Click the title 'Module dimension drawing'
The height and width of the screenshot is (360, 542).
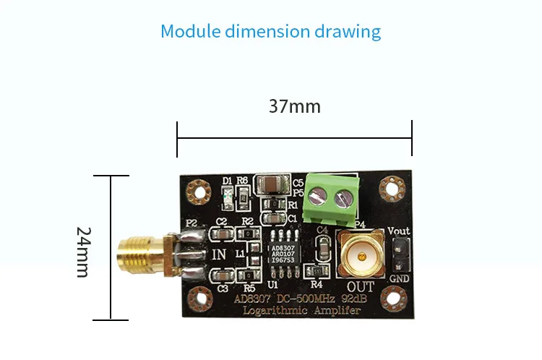tap(270, 32)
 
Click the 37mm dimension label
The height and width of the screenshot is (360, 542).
tap(294, 106)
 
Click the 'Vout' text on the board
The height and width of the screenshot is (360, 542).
tap(398, 231)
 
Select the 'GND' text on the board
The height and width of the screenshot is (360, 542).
tap(398, 279)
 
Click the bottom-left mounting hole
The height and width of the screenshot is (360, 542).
tap(196, 297)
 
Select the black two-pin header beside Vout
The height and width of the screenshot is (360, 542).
tap(397, 254)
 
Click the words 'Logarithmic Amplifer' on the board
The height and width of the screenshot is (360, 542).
tap(296, 311)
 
